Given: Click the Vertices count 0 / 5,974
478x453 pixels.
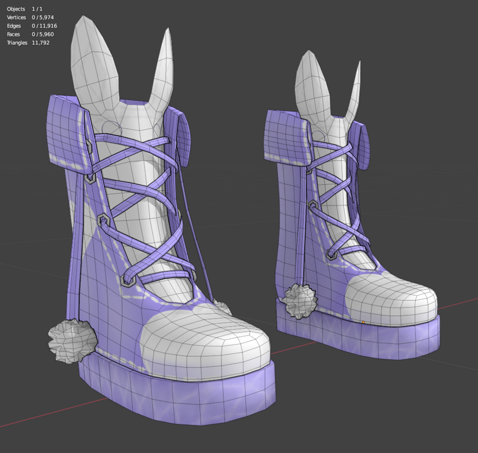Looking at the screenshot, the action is click(43, 18).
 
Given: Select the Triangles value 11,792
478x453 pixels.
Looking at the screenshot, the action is click(40, 43).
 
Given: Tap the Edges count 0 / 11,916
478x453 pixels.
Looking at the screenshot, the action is click(44, 26).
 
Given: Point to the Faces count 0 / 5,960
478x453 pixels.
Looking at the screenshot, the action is click(43, 34).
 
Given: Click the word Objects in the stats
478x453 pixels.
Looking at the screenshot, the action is click(16, 9).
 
